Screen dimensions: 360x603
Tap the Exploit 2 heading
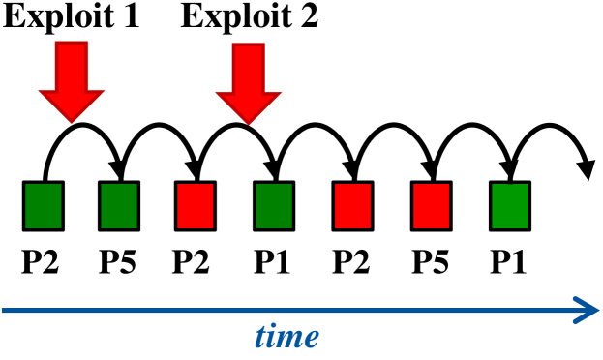(249, 18)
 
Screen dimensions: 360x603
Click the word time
(286, 337)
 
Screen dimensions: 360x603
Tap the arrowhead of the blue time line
(585, 310)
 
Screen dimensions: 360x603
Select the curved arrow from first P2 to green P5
(81, 127)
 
